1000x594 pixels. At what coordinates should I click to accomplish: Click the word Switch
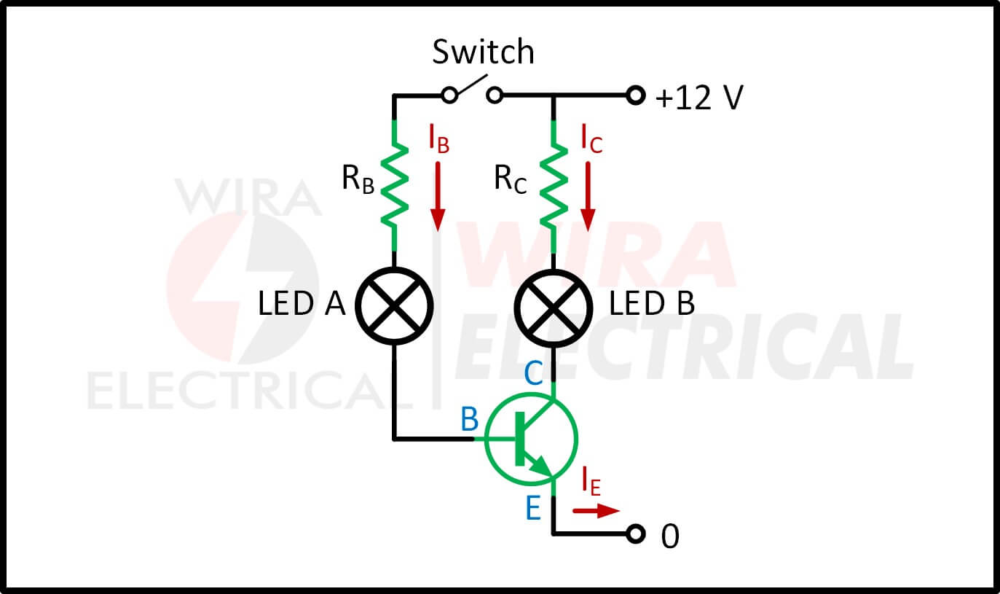(x=483, y=53)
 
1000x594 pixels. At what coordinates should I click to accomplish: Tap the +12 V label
(x=698, y=97)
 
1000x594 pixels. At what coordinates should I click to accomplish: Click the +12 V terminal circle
(x=637, y=95)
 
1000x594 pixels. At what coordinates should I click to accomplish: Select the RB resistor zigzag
(x=394, y=185)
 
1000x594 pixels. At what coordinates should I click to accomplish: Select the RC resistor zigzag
(x=554, y=185)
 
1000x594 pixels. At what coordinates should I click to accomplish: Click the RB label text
(x=358, y=179)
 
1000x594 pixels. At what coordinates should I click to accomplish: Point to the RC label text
(x=510, y=179)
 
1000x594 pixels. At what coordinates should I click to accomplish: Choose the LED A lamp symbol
(x=394, y=305)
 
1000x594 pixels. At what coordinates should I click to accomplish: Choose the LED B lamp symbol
(x=554, y=305)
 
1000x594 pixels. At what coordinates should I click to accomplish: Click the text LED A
(x=301, y=304)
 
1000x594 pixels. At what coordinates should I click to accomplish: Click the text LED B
(x=651, y=304)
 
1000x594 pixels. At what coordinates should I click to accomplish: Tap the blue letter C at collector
(x=533, y=375)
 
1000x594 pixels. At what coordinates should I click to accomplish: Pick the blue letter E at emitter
(x=533, y=509)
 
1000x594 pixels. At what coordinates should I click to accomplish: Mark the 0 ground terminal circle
(x=637, y=534)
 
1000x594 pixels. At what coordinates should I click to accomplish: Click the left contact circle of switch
(x=450, y=95)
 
